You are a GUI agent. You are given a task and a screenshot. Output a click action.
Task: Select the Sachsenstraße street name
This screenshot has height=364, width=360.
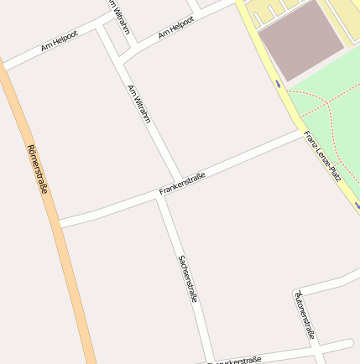click(x=188, y=278)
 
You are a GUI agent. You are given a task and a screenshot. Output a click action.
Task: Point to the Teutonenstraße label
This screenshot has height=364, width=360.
click(x=304, y=314)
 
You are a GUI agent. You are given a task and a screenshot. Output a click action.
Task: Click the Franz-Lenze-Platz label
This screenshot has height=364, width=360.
click(x=322, y=155)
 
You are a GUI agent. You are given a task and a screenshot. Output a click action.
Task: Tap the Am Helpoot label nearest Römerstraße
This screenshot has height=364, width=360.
click(x=59, y=43)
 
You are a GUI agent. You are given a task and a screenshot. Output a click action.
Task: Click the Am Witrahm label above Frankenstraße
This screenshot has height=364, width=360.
click(x=138, y=104)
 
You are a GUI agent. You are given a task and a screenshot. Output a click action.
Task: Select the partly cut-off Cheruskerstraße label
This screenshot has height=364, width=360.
click(x=234, y=361)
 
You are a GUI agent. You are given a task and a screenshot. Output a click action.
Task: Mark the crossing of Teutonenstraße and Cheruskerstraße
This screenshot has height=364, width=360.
click(x=318, y=351)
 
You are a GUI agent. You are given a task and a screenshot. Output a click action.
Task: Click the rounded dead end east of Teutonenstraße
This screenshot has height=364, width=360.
click(x=348, y=343)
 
